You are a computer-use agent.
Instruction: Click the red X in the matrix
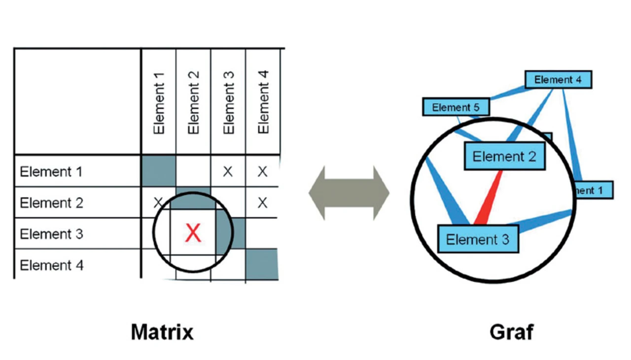(x=193, y=233)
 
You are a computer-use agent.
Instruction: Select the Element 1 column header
(x=159, y=102)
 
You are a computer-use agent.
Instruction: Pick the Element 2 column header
(x=193, y=102)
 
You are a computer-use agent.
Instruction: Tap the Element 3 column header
(x=228, y=102)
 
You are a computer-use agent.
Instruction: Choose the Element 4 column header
(x=263, y=102)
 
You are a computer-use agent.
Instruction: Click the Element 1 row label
(x=51, y=172)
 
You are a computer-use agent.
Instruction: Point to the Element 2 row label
(x=51, y=203)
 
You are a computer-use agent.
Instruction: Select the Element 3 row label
(x=51, y=234)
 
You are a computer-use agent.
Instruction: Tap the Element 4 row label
(x=51, y=265)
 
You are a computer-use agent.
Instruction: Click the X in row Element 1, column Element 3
(x=228, y=172)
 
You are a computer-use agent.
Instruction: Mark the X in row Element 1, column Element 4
(x=263, y=172)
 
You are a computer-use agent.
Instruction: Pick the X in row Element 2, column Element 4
(x=263, y=202)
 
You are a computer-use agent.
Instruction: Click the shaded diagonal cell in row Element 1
(x=159, y=171)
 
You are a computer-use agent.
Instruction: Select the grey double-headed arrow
(x=349, y=193)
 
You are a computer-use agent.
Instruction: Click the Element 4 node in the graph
(x=558, y=79)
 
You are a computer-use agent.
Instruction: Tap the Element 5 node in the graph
(x=456, y=107)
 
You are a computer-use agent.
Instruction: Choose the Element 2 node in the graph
(x=504, y=156)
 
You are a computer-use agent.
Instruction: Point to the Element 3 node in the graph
(x=478, y=239)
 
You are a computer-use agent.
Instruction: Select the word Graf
(x=511, y=332)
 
